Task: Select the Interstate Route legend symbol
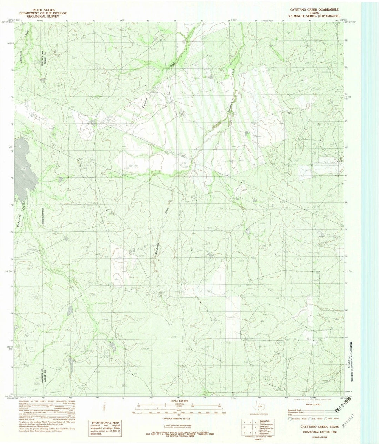click(x=290, y=418)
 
